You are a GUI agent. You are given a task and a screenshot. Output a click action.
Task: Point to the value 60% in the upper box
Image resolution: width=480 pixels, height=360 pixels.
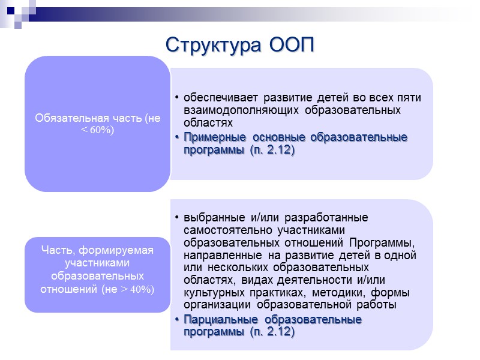tap(101, 130)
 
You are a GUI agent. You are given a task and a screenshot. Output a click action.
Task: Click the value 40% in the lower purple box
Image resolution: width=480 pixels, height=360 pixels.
tap(142, 289)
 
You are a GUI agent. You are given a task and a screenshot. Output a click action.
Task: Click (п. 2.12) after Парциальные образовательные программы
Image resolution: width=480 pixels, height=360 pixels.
tap(272, 332)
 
